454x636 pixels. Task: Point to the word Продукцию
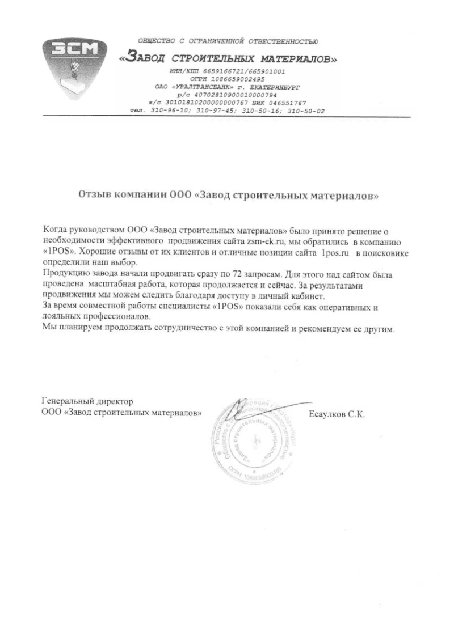pos(64,274)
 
